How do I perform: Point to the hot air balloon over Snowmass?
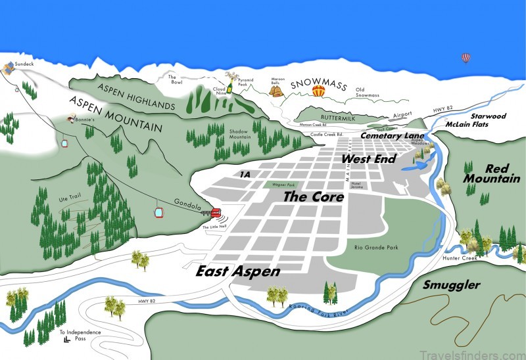pos(319,92)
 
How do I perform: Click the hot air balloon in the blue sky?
pos(466,58)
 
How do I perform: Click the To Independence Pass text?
pos(80,335)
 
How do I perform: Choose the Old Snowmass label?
pos(368,93)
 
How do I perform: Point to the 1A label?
pos(245,174)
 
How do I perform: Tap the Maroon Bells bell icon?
pos(278,93)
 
